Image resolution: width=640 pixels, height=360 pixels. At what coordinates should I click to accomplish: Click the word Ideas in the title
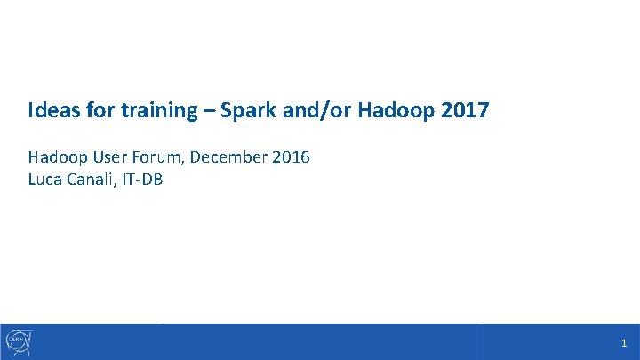point(50,111)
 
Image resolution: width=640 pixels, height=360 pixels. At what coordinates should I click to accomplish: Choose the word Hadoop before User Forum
point(57,157)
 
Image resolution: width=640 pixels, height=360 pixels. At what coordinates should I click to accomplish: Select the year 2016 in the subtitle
point(290,157)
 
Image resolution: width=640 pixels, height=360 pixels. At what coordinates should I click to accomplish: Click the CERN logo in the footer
point(19,340)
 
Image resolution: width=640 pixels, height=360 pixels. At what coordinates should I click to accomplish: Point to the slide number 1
point(624,343)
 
